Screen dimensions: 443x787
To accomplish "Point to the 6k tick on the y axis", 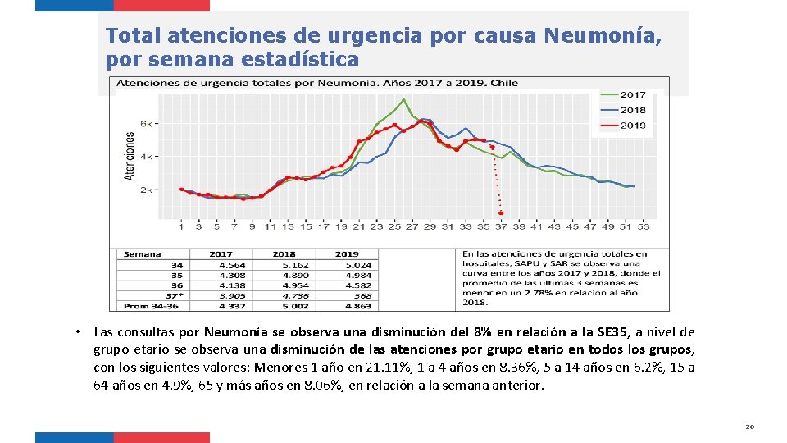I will click(x=146, y=123).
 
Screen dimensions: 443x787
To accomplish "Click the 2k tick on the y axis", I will click(x=146, y=190).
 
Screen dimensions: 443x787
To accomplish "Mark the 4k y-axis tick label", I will click(x=146, y=156).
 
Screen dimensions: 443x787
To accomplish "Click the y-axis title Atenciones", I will click(x=129, y=155).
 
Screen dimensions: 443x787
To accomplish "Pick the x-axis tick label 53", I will click(x=644, y=226).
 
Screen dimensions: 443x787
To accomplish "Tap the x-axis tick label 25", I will click(x=394, y=226).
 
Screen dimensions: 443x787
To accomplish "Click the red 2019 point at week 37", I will click(x=501, y=213).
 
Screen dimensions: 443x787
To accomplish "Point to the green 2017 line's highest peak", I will click(x=403, y=99).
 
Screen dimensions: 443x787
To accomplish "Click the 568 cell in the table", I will click(x=362, y=295).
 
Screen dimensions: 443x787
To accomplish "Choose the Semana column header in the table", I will click(x=142, y=254).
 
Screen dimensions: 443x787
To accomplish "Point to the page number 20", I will click(x=749, y=427).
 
